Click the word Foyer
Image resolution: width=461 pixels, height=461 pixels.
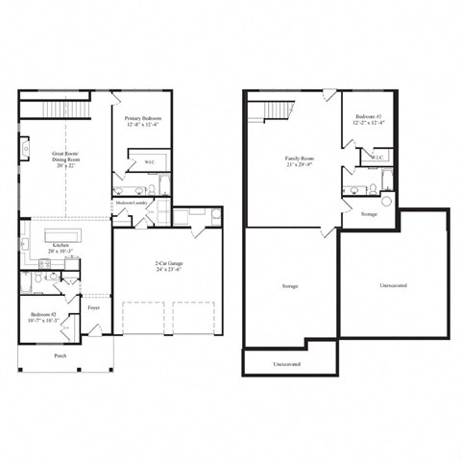coord(94,308)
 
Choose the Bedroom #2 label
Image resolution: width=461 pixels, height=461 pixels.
coord(41,314)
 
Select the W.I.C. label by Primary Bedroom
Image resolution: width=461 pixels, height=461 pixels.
coord(150,162)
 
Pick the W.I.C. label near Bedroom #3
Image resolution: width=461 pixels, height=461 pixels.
coord(379,156)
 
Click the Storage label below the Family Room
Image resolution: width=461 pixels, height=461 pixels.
coord(289,286)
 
